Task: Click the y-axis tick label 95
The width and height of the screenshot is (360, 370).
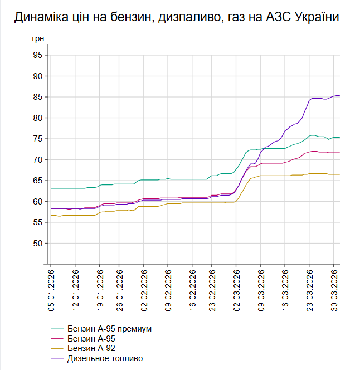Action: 37,55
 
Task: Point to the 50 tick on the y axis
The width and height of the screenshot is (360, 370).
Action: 37,244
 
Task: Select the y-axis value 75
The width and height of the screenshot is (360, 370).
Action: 37,139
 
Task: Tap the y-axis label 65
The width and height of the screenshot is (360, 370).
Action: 37,181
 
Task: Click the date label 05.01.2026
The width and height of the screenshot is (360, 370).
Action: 51,286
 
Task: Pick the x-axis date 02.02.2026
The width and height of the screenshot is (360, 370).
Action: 144,286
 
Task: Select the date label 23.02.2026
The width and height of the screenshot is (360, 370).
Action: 212,286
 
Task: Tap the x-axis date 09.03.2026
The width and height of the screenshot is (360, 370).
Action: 261,286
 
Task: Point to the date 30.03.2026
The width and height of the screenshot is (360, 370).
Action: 334,286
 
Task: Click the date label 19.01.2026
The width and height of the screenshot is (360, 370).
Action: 100,286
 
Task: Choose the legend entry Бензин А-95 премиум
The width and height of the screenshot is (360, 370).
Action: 109,328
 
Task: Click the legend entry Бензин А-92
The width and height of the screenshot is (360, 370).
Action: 91,348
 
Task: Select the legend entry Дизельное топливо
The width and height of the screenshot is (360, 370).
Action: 105,358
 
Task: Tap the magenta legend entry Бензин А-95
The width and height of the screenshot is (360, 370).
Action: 91,338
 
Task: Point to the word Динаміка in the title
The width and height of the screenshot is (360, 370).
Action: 40,17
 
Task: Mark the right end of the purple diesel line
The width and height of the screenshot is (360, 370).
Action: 340,96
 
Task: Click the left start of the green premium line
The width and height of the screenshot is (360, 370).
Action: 51,188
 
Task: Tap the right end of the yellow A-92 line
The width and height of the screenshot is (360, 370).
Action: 340,174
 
